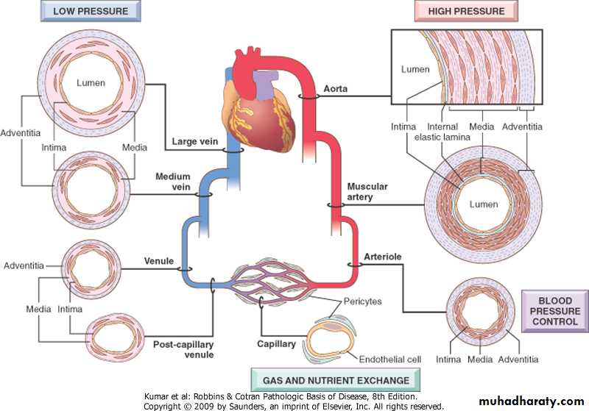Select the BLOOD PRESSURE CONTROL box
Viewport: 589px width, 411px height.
554,311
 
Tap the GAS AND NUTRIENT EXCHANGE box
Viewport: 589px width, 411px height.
336,379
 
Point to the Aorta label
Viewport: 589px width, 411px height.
335,89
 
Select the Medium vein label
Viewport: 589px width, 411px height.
172,182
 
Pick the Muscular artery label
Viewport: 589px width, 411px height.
367,192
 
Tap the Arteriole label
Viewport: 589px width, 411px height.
383,257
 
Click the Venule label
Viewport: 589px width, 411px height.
158,262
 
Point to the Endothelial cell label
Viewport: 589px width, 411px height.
389,360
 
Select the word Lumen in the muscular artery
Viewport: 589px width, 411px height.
483,204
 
